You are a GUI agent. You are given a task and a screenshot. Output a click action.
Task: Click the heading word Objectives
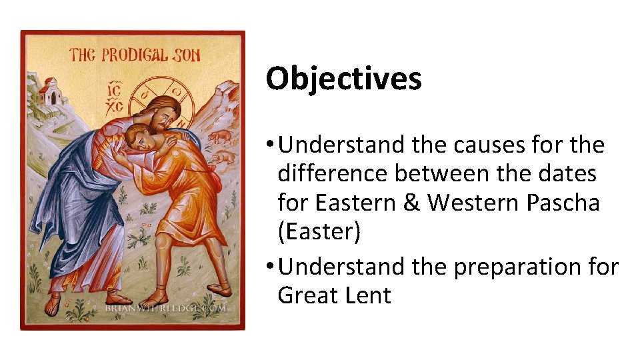click(343, 79)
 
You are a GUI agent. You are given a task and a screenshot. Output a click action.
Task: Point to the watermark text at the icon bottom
click(165, 309)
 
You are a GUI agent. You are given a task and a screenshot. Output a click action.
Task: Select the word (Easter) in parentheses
click(319, 233)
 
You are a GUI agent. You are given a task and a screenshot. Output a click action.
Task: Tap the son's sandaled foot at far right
click(217, 290)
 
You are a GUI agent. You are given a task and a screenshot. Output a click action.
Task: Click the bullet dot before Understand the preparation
click(269, 267)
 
